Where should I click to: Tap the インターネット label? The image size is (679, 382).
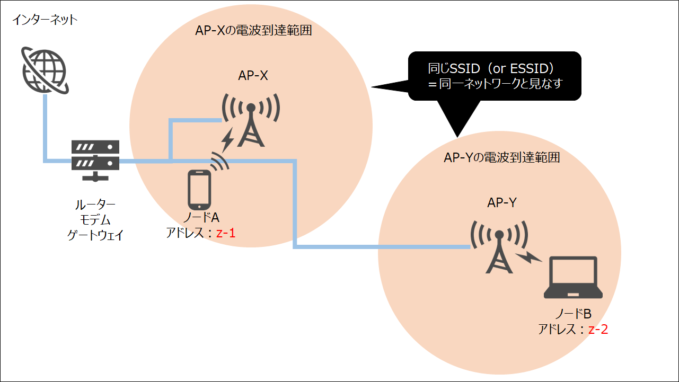click(45, 21)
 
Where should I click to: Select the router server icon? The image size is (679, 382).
click(96, 159)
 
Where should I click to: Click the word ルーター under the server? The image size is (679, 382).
click(95, 205)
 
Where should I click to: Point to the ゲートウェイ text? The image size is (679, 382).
click(95, 235)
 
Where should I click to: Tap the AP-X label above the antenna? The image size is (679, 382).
click(253, 75)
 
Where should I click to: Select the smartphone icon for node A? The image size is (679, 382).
click(199, 190)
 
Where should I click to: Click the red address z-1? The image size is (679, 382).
click(225, 233)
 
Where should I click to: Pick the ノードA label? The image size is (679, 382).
click(200, 218)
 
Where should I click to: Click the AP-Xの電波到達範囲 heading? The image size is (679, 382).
click(253, 31)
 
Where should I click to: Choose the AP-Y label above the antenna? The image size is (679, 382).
click(502, 202)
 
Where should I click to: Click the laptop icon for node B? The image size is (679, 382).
click(573, 279)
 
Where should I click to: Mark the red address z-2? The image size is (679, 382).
click(598, 330)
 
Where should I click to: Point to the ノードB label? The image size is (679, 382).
click(572, 315)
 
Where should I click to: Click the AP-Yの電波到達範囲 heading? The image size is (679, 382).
click(501, 157)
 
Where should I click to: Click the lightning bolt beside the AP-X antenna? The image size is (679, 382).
click(228, 139)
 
